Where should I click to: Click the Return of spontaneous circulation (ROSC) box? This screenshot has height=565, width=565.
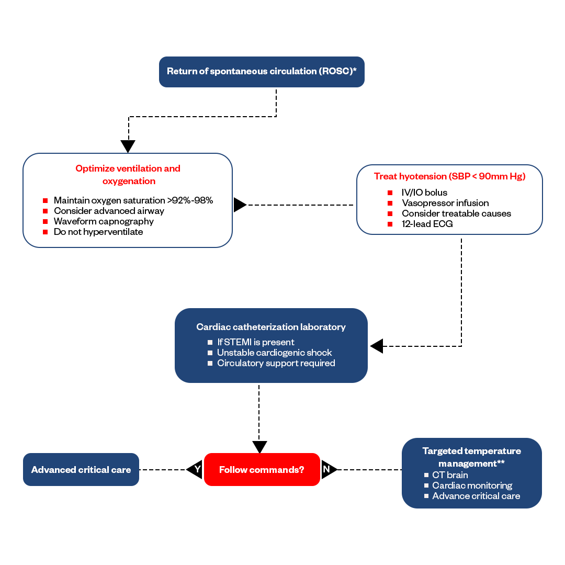click(x=262, y=72)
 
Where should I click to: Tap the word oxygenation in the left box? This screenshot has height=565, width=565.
click(x=129, y=182)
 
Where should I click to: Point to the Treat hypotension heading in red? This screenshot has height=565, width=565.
click(x=449, y=176)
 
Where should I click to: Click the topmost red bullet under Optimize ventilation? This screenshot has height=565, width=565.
click(x=46, y=200)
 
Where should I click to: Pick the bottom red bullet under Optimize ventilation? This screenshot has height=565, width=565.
click(x=46, y=232)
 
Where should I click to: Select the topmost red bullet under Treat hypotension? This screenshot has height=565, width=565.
click(x=390, y=193)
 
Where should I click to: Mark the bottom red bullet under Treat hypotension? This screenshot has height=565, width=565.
click(x=390, y=224)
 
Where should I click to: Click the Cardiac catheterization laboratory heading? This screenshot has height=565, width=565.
click(x=271, y=327)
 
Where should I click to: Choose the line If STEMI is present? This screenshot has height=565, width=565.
click(x=255, y=342)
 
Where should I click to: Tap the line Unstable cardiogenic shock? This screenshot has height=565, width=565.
click(x=274, y=353)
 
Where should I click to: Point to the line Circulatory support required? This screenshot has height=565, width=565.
click(x=276, y=363)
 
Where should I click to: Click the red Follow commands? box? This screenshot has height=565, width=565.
click(x=262, y=470)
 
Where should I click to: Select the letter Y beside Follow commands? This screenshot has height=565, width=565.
click(x=197, y=469)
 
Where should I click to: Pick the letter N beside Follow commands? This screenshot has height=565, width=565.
click(x=326, y=469)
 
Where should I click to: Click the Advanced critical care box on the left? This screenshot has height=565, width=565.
click(x=81, y=470)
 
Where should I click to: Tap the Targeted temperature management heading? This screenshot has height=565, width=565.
click(x=471, y=457)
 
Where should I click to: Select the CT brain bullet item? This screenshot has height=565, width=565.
click(x=450, y=475)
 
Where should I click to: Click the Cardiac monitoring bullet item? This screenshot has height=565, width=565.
click(x=472, y=485)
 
